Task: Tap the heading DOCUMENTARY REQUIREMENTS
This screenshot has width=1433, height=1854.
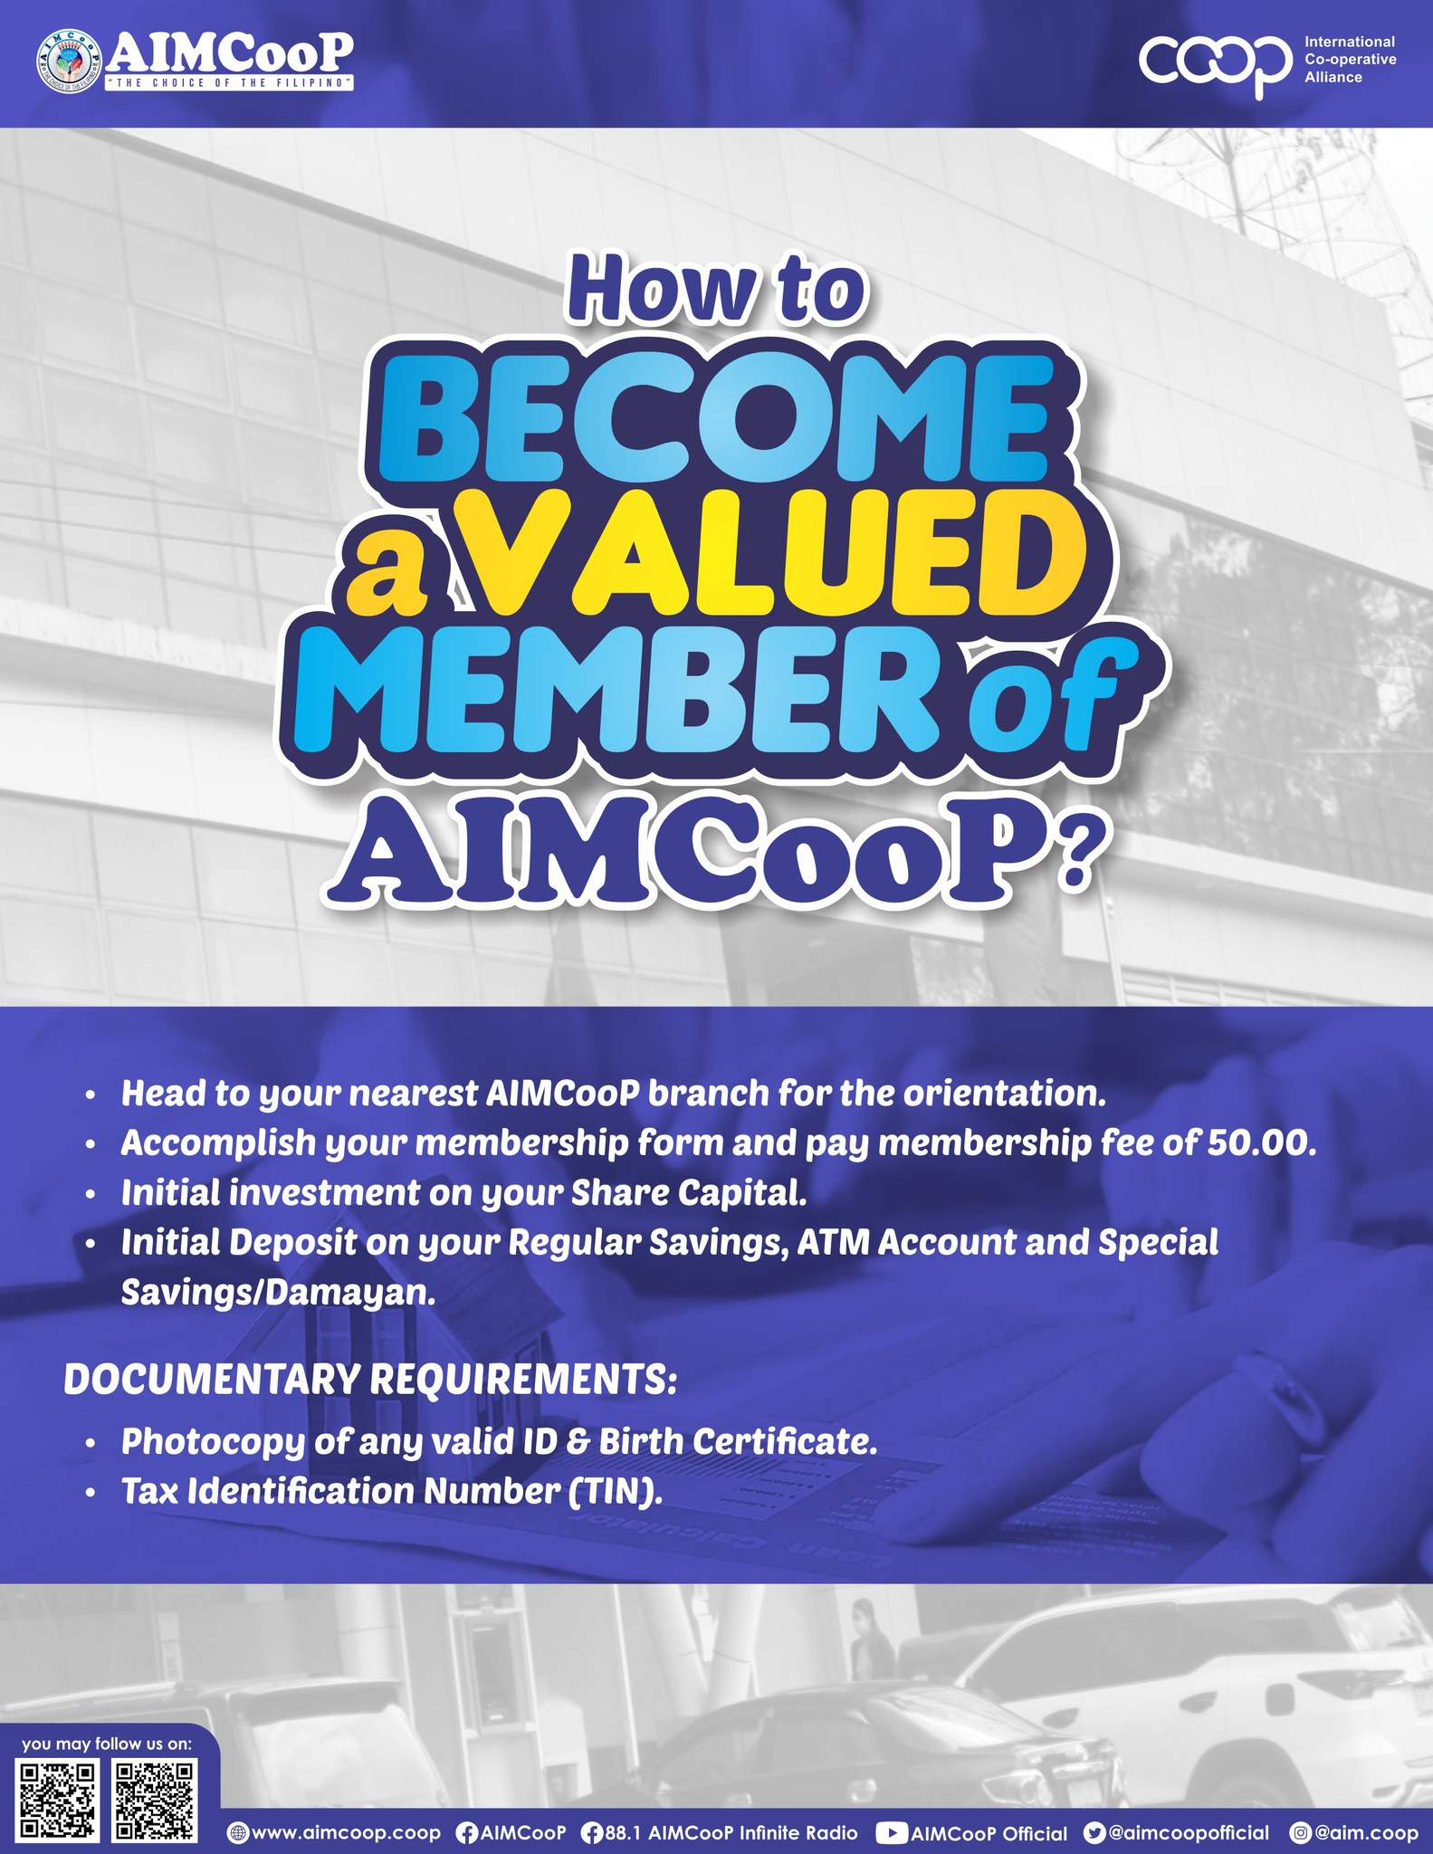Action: point(369,1380)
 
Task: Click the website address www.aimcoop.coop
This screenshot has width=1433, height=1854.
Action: point(345,1832)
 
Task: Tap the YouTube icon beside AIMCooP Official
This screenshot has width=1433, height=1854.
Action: point(892,1833)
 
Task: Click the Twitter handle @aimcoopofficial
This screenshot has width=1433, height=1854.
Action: point(1189,1832)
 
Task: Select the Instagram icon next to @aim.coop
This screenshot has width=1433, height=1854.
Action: point(1301,1833)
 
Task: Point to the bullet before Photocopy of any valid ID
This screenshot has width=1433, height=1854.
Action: point(90,1444)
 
